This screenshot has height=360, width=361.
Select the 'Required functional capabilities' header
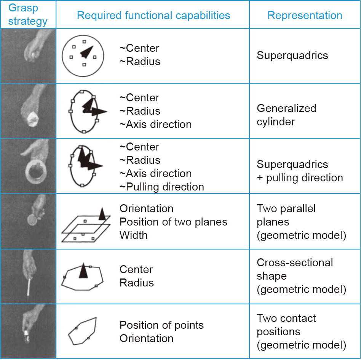coord(153,15)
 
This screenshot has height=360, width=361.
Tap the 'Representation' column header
coord(305,15)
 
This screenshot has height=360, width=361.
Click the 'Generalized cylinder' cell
coord(286,115)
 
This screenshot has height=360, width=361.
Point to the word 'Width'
coord(133,235)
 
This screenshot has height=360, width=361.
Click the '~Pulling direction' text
coord(161,187)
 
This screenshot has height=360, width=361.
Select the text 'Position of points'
coord(161,325)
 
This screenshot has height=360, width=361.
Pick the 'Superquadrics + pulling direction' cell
coord(300,171)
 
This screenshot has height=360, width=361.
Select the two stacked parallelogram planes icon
coord(86,227)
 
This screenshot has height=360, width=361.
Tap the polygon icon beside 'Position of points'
coord(82,331)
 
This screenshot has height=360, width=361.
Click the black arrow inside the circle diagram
coord(87,52)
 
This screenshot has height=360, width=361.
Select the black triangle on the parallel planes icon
coord(102,214)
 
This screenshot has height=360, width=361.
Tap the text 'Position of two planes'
coord(173,222)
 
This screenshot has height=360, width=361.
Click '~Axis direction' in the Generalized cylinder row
coord(155,124)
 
